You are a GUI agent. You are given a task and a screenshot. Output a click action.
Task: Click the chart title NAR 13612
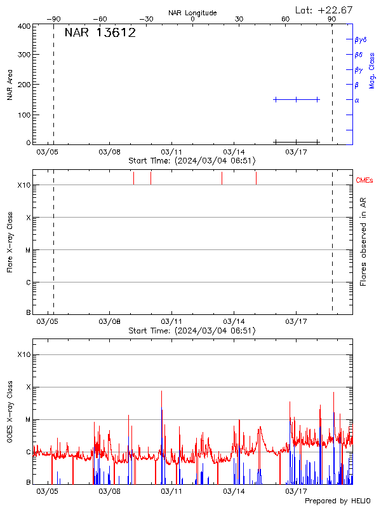point(100,33)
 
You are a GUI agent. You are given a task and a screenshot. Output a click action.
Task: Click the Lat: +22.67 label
point(324,10)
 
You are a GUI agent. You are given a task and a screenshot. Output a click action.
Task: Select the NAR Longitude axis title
point(192,13)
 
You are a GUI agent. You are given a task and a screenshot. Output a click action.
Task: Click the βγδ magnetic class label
point(361,39)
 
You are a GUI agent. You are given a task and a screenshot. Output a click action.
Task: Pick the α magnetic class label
point(357,100)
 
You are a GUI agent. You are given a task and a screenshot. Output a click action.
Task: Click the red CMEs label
point(364,181)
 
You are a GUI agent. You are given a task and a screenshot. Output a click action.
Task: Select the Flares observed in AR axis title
point(363,242)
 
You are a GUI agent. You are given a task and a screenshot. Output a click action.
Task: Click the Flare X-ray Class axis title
point(10,242)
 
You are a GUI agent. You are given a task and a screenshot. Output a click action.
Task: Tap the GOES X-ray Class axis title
point(10,411)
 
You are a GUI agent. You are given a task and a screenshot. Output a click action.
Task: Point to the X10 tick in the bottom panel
point(24,354)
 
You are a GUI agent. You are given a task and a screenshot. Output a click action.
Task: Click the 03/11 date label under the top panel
point(172,153)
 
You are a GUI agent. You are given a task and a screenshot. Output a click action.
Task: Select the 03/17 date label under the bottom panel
point(297,491)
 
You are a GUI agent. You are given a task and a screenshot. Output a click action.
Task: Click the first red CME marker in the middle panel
point(133,178)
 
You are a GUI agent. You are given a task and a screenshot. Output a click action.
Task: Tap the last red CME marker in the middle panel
point(256,178)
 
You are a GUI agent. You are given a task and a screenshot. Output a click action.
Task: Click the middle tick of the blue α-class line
point(296,99)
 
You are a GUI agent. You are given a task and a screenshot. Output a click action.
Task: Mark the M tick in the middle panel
point(28,250)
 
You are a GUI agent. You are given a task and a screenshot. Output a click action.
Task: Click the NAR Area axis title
point(10,87)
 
